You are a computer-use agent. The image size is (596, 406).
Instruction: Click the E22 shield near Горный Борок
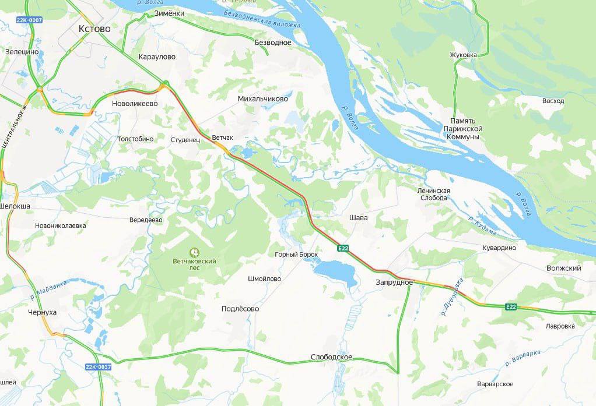click(343, 249)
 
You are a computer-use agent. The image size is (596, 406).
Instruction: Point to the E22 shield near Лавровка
click(511, 307)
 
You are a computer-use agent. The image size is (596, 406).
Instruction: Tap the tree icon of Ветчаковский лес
click(194, 253)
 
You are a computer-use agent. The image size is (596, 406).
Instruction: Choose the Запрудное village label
click(394, 283)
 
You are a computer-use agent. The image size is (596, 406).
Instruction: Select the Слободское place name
click(331, 357)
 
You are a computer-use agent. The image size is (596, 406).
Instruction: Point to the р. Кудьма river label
click(482, 226)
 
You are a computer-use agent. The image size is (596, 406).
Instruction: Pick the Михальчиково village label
click(263, 99)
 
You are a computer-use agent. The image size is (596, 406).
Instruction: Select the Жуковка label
click(463, 55)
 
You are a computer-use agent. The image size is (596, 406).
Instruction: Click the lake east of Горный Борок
click(336, 272)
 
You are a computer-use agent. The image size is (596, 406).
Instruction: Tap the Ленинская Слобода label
click(433, 194)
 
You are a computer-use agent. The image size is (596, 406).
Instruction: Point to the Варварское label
click(495, 384)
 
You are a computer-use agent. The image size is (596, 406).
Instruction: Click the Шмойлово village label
click(264, 279)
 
